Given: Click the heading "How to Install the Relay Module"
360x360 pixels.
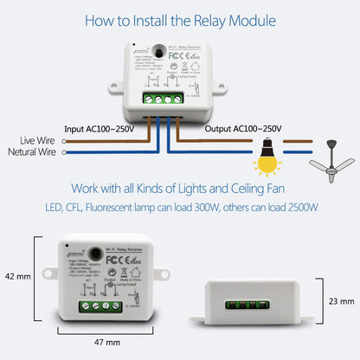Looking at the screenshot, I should [179, 19].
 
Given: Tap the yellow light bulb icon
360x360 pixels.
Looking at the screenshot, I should [264, 159].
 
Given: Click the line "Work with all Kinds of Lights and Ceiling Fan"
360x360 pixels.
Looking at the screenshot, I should [180, 190].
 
